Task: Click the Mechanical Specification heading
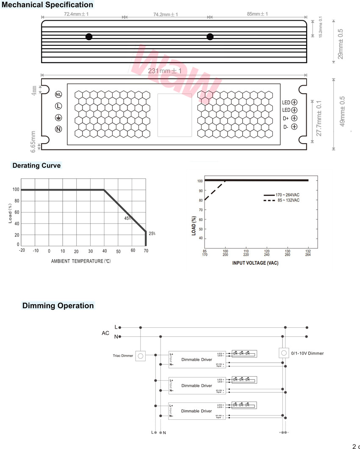[x=47, y=5]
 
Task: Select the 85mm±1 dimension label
[x=258, y=14]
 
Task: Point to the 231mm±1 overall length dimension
[x=165, y=71]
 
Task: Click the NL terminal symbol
[x=59, y=94]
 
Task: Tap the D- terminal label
[x=286, y=127]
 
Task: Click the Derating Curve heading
[x=36, y=166]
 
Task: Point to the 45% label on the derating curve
[x=127, y=219]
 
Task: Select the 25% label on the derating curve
[x=152, y=233]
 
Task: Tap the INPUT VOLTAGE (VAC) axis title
[x=255, y=263]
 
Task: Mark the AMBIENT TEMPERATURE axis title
[x=81, y=261]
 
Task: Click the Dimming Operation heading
[x=58, y=306]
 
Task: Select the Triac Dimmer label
[x=123, y=356]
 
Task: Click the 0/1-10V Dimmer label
[x=307, y=353]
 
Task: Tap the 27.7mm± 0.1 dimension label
[x=319, y=118]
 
